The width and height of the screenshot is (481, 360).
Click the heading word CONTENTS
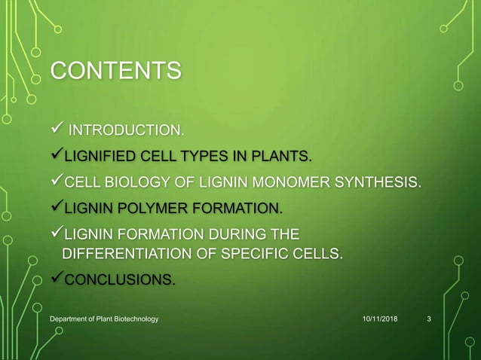coord(115,72)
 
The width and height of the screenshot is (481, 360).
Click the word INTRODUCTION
coord(125,133)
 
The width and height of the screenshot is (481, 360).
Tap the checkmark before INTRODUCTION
coord(55,133)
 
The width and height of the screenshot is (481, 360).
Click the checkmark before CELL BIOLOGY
coord(55,182)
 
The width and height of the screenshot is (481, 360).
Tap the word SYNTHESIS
coord(382,182)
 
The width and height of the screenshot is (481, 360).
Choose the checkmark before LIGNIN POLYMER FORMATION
coord(55,206)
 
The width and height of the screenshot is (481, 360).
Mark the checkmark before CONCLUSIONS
coord(55,279)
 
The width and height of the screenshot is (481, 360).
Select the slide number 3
coord(429,320)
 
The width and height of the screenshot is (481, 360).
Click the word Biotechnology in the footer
coord(131,320)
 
